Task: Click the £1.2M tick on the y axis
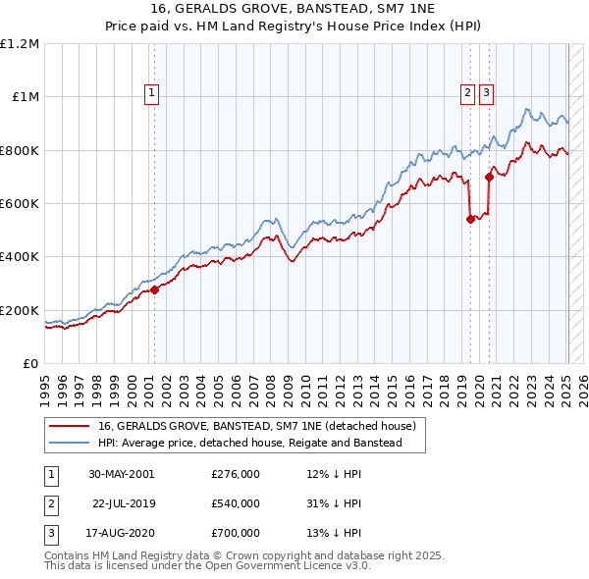21,44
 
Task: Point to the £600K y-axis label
21,204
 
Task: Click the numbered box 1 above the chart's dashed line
153,94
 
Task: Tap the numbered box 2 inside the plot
467,94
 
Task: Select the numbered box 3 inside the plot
487,94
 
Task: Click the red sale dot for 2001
154,289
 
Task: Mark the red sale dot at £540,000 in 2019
470,220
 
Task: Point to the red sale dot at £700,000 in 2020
489,177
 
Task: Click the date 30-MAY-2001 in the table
121,474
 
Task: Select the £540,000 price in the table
236,503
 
